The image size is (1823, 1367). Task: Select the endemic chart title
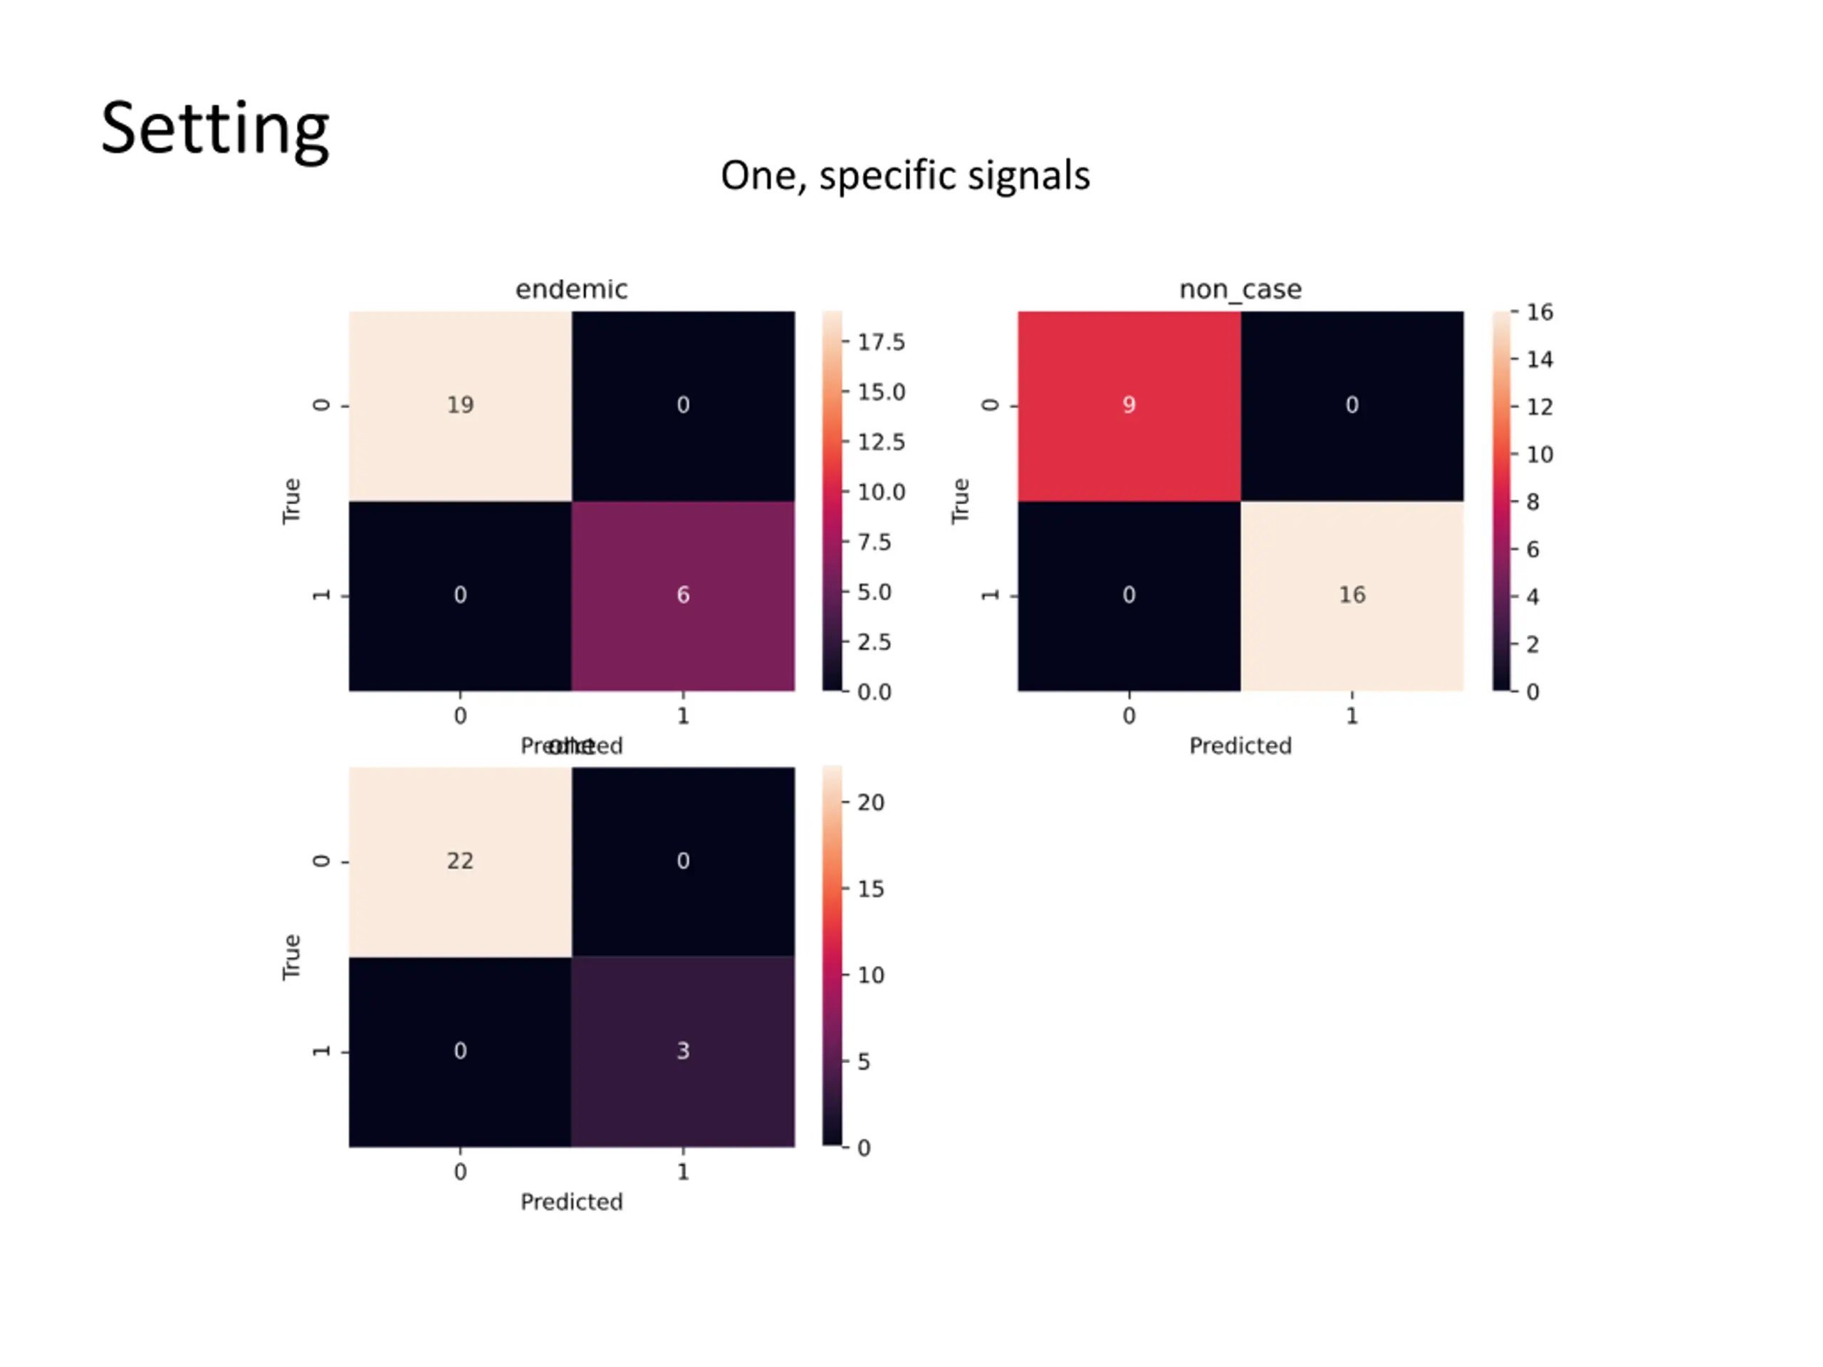coord(571,289)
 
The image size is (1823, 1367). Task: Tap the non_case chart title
coord(1240,289)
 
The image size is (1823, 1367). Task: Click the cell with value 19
coord(460,405)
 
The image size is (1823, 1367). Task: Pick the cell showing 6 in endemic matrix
coord(683,595)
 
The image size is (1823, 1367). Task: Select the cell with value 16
coord(1352,595)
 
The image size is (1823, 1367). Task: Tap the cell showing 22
coord(460,861)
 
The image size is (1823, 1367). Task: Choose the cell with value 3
coord(683,1052)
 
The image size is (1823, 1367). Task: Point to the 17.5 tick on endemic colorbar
coord(880,342)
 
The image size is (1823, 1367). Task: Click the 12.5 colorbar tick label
coord(880,442)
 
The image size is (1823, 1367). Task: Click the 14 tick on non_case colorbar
coord(1539,360)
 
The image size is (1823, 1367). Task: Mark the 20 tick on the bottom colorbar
coord(870,802)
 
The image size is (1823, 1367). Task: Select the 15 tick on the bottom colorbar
coord(870,889)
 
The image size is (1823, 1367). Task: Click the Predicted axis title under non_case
coord(1240,745)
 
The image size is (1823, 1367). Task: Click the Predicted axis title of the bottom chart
coord(571,1203)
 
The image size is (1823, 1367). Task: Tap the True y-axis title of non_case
coord(960,501)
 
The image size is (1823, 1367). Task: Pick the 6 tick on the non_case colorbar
coord(1532,550)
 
